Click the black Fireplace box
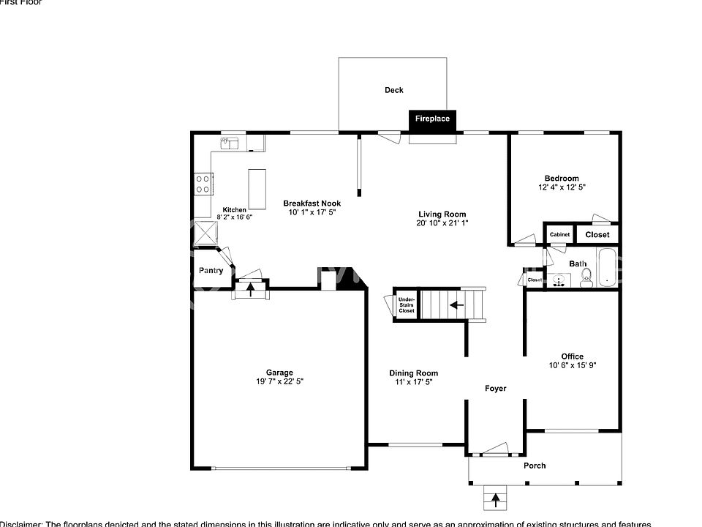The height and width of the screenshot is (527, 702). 432,119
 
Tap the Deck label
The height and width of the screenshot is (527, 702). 394,90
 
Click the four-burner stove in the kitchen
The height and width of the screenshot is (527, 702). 204,184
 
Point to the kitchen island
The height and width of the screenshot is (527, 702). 257,189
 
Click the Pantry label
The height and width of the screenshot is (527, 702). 211,271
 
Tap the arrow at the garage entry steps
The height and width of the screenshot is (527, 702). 251,288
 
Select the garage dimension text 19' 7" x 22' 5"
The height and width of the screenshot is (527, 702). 279,382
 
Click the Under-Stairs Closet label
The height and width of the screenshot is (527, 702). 406,305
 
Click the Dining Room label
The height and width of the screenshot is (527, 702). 413,373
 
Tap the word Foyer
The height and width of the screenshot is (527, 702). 495,389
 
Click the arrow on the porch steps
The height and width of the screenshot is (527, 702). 496,500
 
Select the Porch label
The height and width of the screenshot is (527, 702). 535,466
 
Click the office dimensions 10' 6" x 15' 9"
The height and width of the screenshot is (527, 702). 572,366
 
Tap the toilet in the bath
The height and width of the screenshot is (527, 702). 586,277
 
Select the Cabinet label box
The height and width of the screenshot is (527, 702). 559,234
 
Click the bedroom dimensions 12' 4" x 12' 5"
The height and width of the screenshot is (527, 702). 561,188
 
